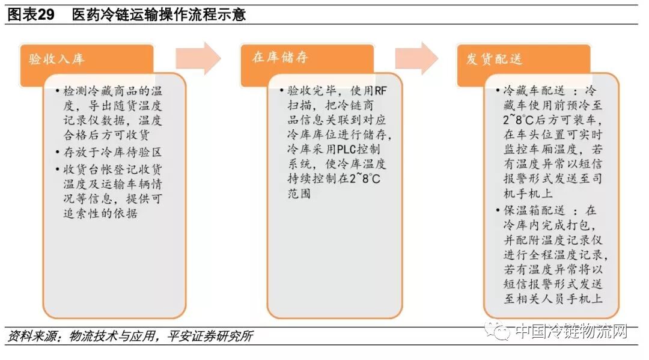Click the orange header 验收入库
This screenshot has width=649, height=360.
click(57, 59)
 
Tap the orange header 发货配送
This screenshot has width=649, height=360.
click(495, 59)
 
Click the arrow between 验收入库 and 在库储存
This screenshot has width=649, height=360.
click(198, 58)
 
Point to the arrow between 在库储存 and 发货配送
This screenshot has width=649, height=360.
click(416, 58)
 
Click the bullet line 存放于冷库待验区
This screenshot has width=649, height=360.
click(113, 152)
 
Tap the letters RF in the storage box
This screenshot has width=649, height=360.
click(380, 91)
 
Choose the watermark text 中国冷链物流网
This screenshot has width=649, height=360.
click(571, 331)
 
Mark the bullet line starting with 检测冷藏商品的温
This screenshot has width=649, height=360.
click(113, 91)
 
